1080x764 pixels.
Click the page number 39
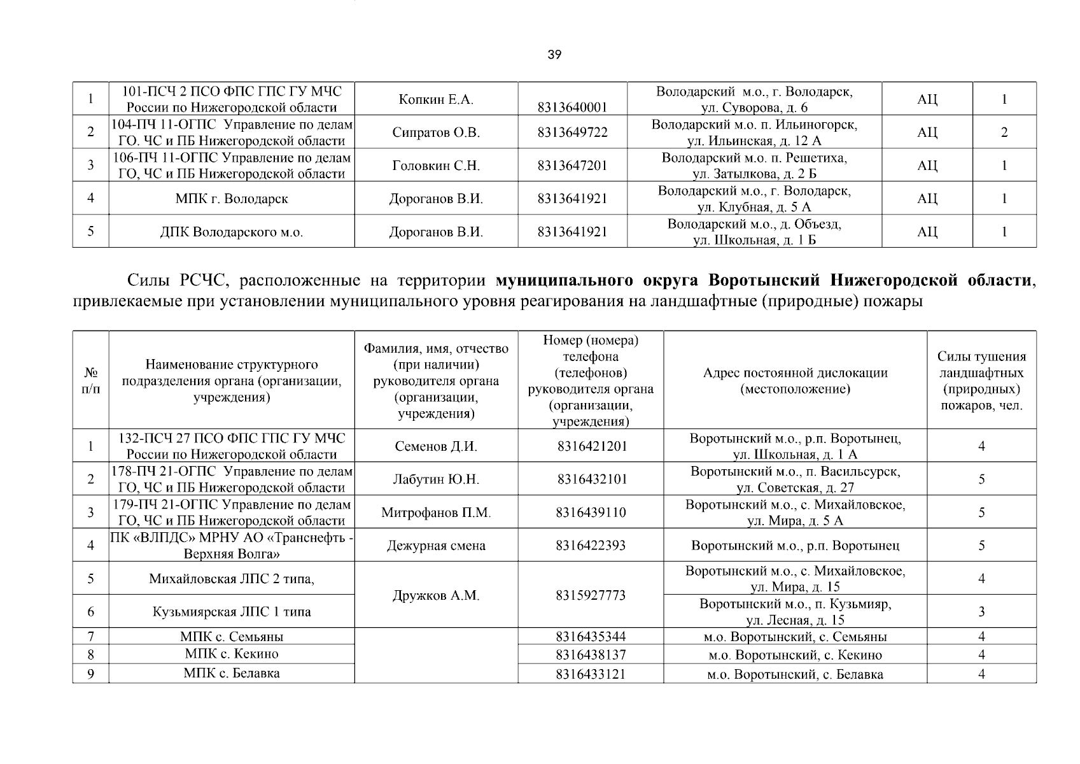(x=554, y=55)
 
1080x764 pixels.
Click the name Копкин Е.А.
(x=436, y=99)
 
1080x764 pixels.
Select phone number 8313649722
(x=572, y=132)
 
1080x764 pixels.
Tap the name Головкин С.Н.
(x=436, y=166)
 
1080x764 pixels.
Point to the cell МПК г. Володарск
(x=232, y=199)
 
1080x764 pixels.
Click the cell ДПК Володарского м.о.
(x=232, y=232)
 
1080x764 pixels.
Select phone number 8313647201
(x=572, y=166)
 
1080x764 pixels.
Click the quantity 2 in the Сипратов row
(x=1004, y=132)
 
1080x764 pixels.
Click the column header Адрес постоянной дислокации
(x=795, y=381)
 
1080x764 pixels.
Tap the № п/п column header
(x=90, y=381)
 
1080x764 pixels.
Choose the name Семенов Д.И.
(x=436, y=446)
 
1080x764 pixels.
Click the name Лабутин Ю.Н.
(x=436, y=479)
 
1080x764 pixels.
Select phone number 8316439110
(x=591, y=513)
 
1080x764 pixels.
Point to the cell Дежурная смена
(x=436, y=546)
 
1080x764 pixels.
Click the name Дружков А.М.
(x=436, y=595)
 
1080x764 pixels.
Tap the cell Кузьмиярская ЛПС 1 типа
(x=232, y=612)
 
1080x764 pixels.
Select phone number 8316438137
(x=591, y=654)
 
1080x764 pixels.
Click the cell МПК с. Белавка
(x=232, y=673)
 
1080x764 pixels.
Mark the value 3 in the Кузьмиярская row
(x=981, y=612)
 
